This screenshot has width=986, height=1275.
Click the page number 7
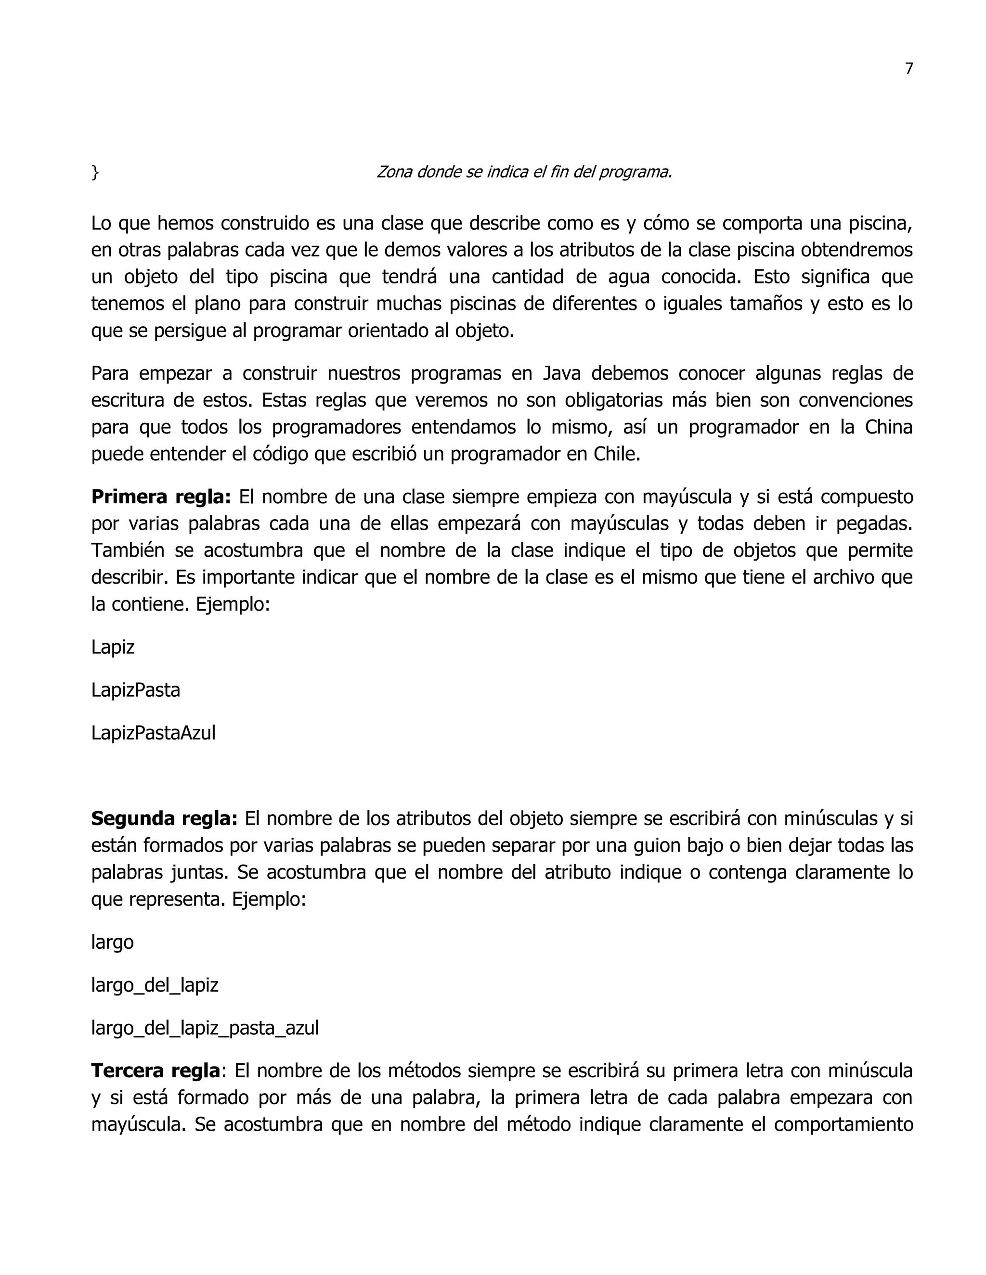(x=908, y=69)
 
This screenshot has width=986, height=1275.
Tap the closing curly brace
(x=95, y=172)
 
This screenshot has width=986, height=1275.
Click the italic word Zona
(x=394, y=172)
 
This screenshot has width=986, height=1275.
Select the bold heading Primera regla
(x=161, y=497)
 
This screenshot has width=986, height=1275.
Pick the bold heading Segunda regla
(x=164, y=818)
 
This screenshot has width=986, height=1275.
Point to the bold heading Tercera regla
(x=156, y=1071)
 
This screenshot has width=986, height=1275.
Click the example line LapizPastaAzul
(x=153, y=733)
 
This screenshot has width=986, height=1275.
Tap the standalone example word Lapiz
(x=113, y=647)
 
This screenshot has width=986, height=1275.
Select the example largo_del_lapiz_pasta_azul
(x=205, y=1028)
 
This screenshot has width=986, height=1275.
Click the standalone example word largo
(x=112, y=942)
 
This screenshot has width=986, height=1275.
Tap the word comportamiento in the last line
(x=843, y=1124)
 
